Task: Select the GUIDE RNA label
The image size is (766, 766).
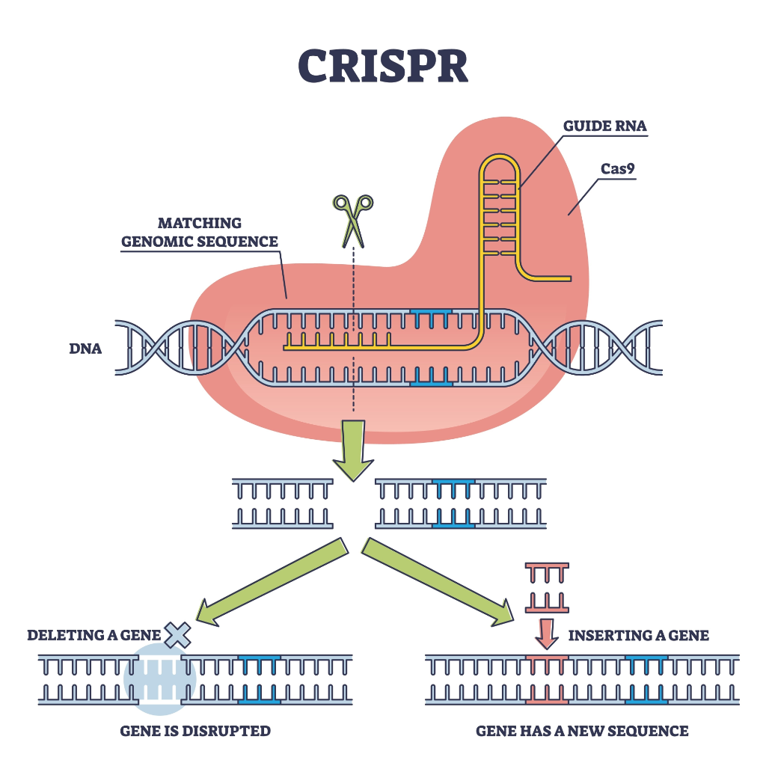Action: pos(604,126)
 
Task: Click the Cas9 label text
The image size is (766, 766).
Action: pos(618,168)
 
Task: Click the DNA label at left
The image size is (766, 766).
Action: pos(85,349)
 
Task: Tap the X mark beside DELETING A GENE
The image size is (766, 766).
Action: pos(178,635)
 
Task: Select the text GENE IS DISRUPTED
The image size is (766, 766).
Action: pos(195,731)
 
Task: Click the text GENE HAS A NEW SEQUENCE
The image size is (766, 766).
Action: pos(582,731)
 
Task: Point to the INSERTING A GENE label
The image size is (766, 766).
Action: pos(638,636)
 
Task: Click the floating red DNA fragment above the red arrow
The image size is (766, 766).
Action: pos(548,588)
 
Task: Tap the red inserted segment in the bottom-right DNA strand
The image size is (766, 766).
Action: pos(547,679)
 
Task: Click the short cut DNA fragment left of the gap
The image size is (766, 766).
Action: pos(282,503)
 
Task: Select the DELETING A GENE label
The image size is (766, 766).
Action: pos(94,636)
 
